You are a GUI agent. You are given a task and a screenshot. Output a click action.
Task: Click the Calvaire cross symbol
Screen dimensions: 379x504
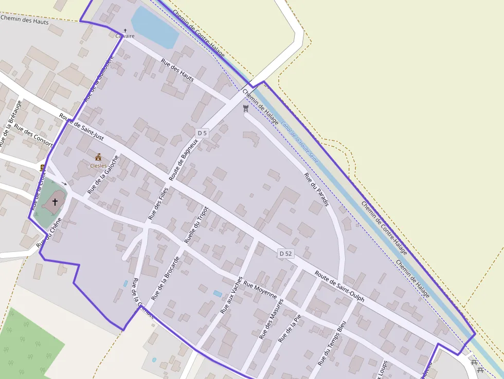pyautogui.click(x=125, y=30)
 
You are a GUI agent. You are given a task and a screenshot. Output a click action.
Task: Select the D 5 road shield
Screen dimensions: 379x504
pyautogui.click(x=203, y=133)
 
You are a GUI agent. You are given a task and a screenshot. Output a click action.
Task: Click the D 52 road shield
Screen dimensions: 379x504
pyautogui.click(x=285, y=254)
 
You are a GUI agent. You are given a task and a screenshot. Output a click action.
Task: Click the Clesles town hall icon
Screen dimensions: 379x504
pyautogui.click(x=98, y=157)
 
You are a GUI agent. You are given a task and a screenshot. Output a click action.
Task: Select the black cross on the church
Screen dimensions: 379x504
pyautogui.click(x=55, y=202)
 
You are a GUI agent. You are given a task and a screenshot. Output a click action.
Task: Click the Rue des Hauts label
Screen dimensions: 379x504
pyautogui.click(x=177, y=70)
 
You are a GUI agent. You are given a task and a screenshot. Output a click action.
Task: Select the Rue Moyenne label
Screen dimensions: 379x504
pyautogui.click(x=260, y=290)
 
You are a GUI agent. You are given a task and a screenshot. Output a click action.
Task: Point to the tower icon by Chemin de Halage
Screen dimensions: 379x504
pyautogui.click(x=245, y=108)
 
